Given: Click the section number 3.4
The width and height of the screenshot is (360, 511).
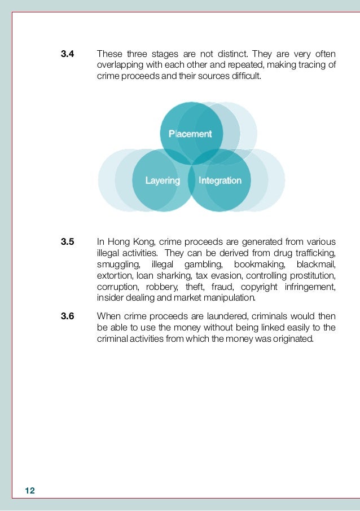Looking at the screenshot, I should [68, 55].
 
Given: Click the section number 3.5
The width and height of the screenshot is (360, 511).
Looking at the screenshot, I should [68, 243].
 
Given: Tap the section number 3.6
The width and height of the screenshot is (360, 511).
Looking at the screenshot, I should [68, 316].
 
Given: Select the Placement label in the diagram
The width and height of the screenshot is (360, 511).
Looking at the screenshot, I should [190, 134].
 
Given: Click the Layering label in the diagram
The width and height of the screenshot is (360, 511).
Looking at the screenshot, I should [163, 180].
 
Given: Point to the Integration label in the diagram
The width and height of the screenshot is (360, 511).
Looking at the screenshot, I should [220, 180].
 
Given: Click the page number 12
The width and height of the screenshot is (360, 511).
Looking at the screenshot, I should [30, 491].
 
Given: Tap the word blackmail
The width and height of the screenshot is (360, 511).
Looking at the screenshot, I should [317, 265].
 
